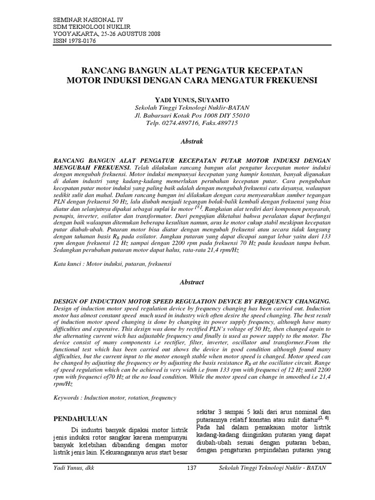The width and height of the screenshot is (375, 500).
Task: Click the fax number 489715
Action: click(224, 124)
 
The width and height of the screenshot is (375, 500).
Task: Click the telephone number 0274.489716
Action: click(179, 124)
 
